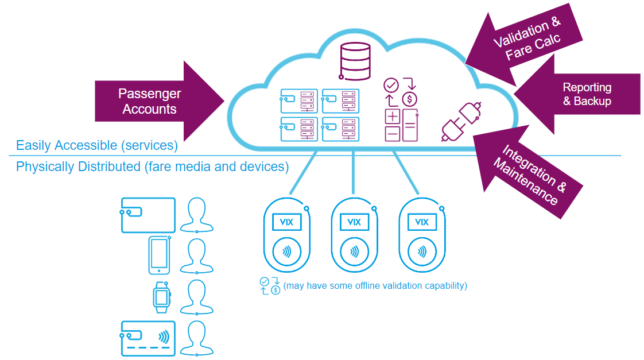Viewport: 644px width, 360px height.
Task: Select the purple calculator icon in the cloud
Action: (x=401, y=125)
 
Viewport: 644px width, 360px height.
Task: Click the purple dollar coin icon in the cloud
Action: (x=409, y=99)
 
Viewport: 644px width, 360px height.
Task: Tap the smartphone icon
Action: (x=158, y=254)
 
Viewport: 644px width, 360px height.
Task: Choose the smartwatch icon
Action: (x=161, y=296)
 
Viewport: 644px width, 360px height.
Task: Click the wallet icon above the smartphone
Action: (x=148, y=215)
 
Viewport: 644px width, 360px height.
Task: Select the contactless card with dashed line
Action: (x=148, y=339)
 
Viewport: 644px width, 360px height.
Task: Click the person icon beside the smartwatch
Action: (x=197, y=297)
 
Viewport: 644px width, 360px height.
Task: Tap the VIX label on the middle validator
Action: (x=354, y=222)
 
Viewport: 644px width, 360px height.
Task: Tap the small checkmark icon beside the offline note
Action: (x=264, y=281)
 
